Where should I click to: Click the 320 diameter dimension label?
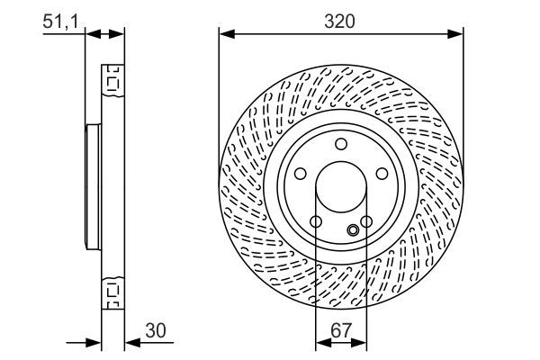(x=341, y=21)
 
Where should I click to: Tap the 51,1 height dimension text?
(x=61, y=21)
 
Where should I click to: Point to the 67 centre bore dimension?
(x=340, y=331)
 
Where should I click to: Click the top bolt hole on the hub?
(x=340, y=145)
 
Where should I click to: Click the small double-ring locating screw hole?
(x=353, y=230)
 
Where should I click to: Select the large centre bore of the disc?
(x=340, y=189)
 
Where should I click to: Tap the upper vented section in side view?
(x=112, y=80)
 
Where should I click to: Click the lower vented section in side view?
(x=112, y=290)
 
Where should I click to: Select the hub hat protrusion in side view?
(x=92, y=189)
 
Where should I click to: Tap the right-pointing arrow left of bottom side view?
(x=94, y=342)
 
